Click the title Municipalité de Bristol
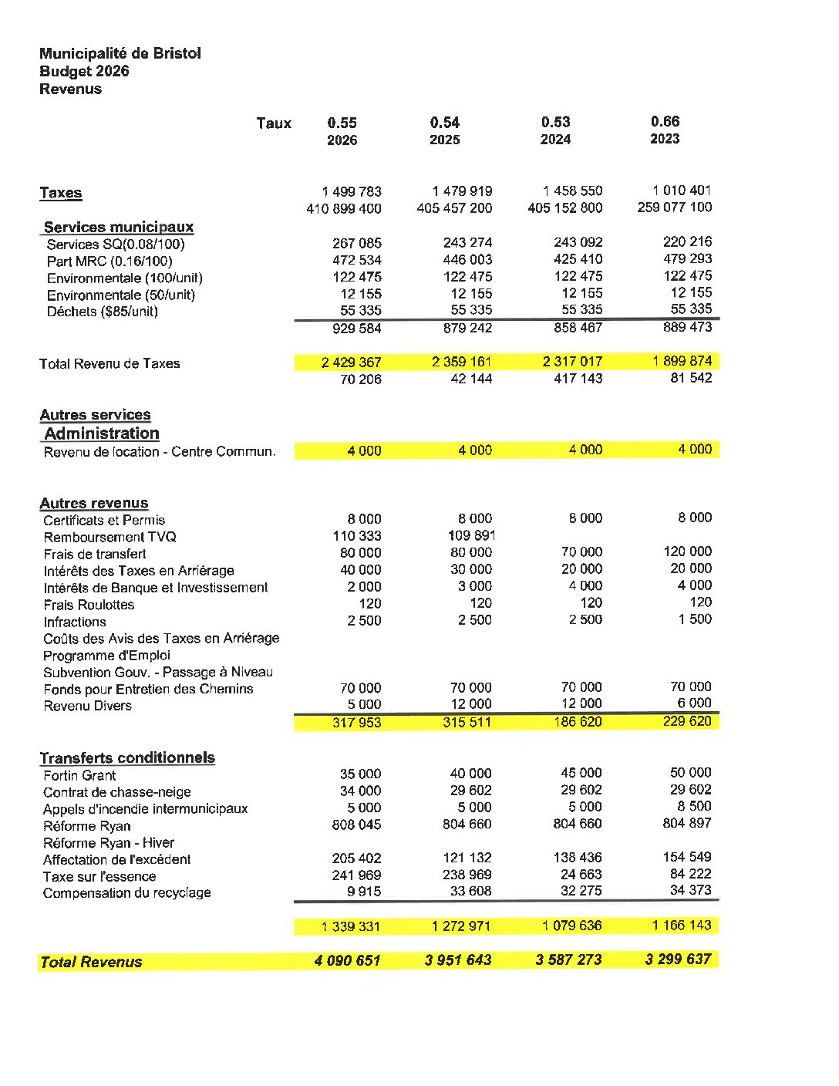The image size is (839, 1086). [x=120, y=53]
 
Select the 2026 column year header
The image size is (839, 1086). [x=342, y=140]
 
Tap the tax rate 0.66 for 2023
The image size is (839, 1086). [x=665, y=121]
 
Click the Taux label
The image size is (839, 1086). [x=274, y=123]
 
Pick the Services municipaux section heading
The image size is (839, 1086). [x=118, y=227]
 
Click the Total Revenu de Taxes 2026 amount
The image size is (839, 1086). [x=351, y=363]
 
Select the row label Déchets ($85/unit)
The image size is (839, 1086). [x=102, y=312]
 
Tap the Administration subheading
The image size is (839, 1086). [x=101, y=433]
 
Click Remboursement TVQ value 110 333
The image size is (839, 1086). [x=357, y=536]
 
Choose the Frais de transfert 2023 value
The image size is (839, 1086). [x=687, y=551]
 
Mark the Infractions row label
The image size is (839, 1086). [x=75, y=622]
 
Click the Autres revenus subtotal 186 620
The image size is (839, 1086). [x=578, y=722]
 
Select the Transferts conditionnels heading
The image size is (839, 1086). [x=127, y=758]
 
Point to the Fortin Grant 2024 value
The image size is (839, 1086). [x=581, y=773]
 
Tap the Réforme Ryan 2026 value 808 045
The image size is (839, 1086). [x=356, y=825]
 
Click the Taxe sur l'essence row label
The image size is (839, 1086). [x=99, y=876]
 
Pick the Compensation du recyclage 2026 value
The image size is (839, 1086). [x=364, y=892]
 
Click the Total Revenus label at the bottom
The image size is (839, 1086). [x=91, y=962]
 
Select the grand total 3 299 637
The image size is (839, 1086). [x=678, y=960]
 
